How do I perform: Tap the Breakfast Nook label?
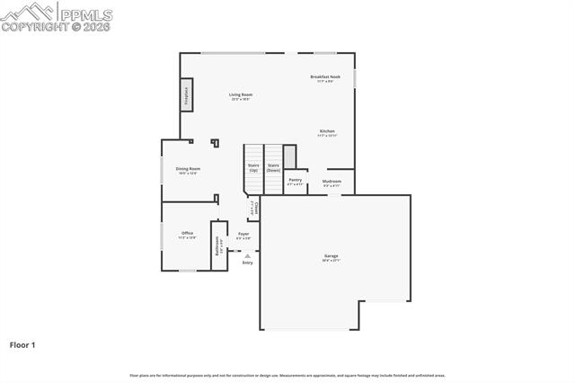325,78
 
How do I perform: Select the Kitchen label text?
327,132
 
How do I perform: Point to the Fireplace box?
187,94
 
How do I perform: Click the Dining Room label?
188,170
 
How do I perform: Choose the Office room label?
187,235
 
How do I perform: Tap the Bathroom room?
217,245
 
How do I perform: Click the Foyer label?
243,236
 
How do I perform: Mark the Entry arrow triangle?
247,255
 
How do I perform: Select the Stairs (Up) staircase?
253,168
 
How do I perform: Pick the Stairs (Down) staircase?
273,168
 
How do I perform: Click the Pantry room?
296,182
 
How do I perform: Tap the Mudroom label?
331,183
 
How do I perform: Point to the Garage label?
332,257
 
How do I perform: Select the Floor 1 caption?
22,344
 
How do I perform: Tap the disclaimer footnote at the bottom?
287,375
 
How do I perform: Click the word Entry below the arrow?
247,263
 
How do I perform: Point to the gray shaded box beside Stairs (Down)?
289,155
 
